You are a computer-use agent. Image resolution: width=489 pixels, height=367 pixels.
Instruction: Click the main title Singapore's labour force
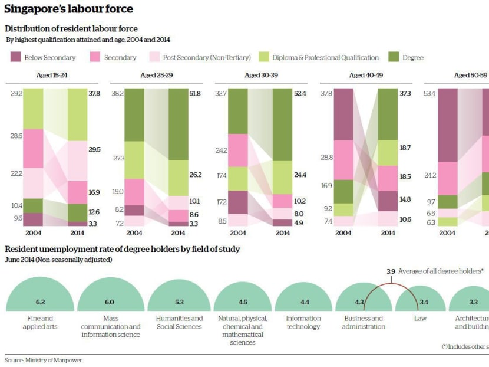[x=68, y=9]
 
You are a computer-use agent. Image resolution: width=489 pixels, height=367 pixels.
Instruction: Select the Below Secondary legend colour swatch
[x=16, y=57]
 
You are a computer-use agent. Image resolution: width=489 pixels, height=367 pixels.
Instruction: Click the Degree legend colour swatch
[x=394, y=57]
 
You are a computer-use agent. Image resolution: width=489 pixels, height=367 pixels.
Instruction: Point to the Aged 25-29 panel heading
[x=156, y=76]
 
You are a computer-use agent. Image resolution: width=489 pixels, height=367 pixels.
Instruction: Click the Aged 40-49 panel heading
[x=365, y=76]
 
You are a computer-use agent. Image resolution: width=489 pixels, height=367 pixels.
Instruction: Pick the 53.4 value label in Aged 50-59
[x=431, y=93]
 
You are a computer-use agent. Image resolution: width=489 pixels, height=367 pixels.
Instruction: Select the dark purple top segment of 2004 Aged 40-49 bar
[x=343, y=114]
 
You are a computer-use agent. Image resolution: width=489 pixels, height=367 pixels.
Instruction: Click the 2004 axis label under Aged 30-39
[x=239, y=233]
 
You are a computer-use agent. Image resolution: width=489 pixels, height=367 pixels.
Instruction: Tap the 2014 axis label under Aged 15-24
[x=77, y=233]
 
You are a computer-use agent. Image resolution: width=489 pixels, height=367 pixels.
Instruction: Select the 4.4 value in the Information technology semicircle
[x=304, y=302]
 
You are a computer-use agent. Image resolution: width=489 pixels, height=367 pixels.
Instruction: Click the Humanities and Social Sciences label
[x=179, y=322]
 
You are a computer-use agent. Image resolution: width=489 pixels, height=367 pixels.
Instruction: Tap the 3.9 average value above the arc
[x=391, y=271]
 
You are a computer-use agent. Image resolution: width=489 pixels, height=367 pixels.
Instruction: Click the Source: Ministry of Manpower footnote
[x=43, y=359]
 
